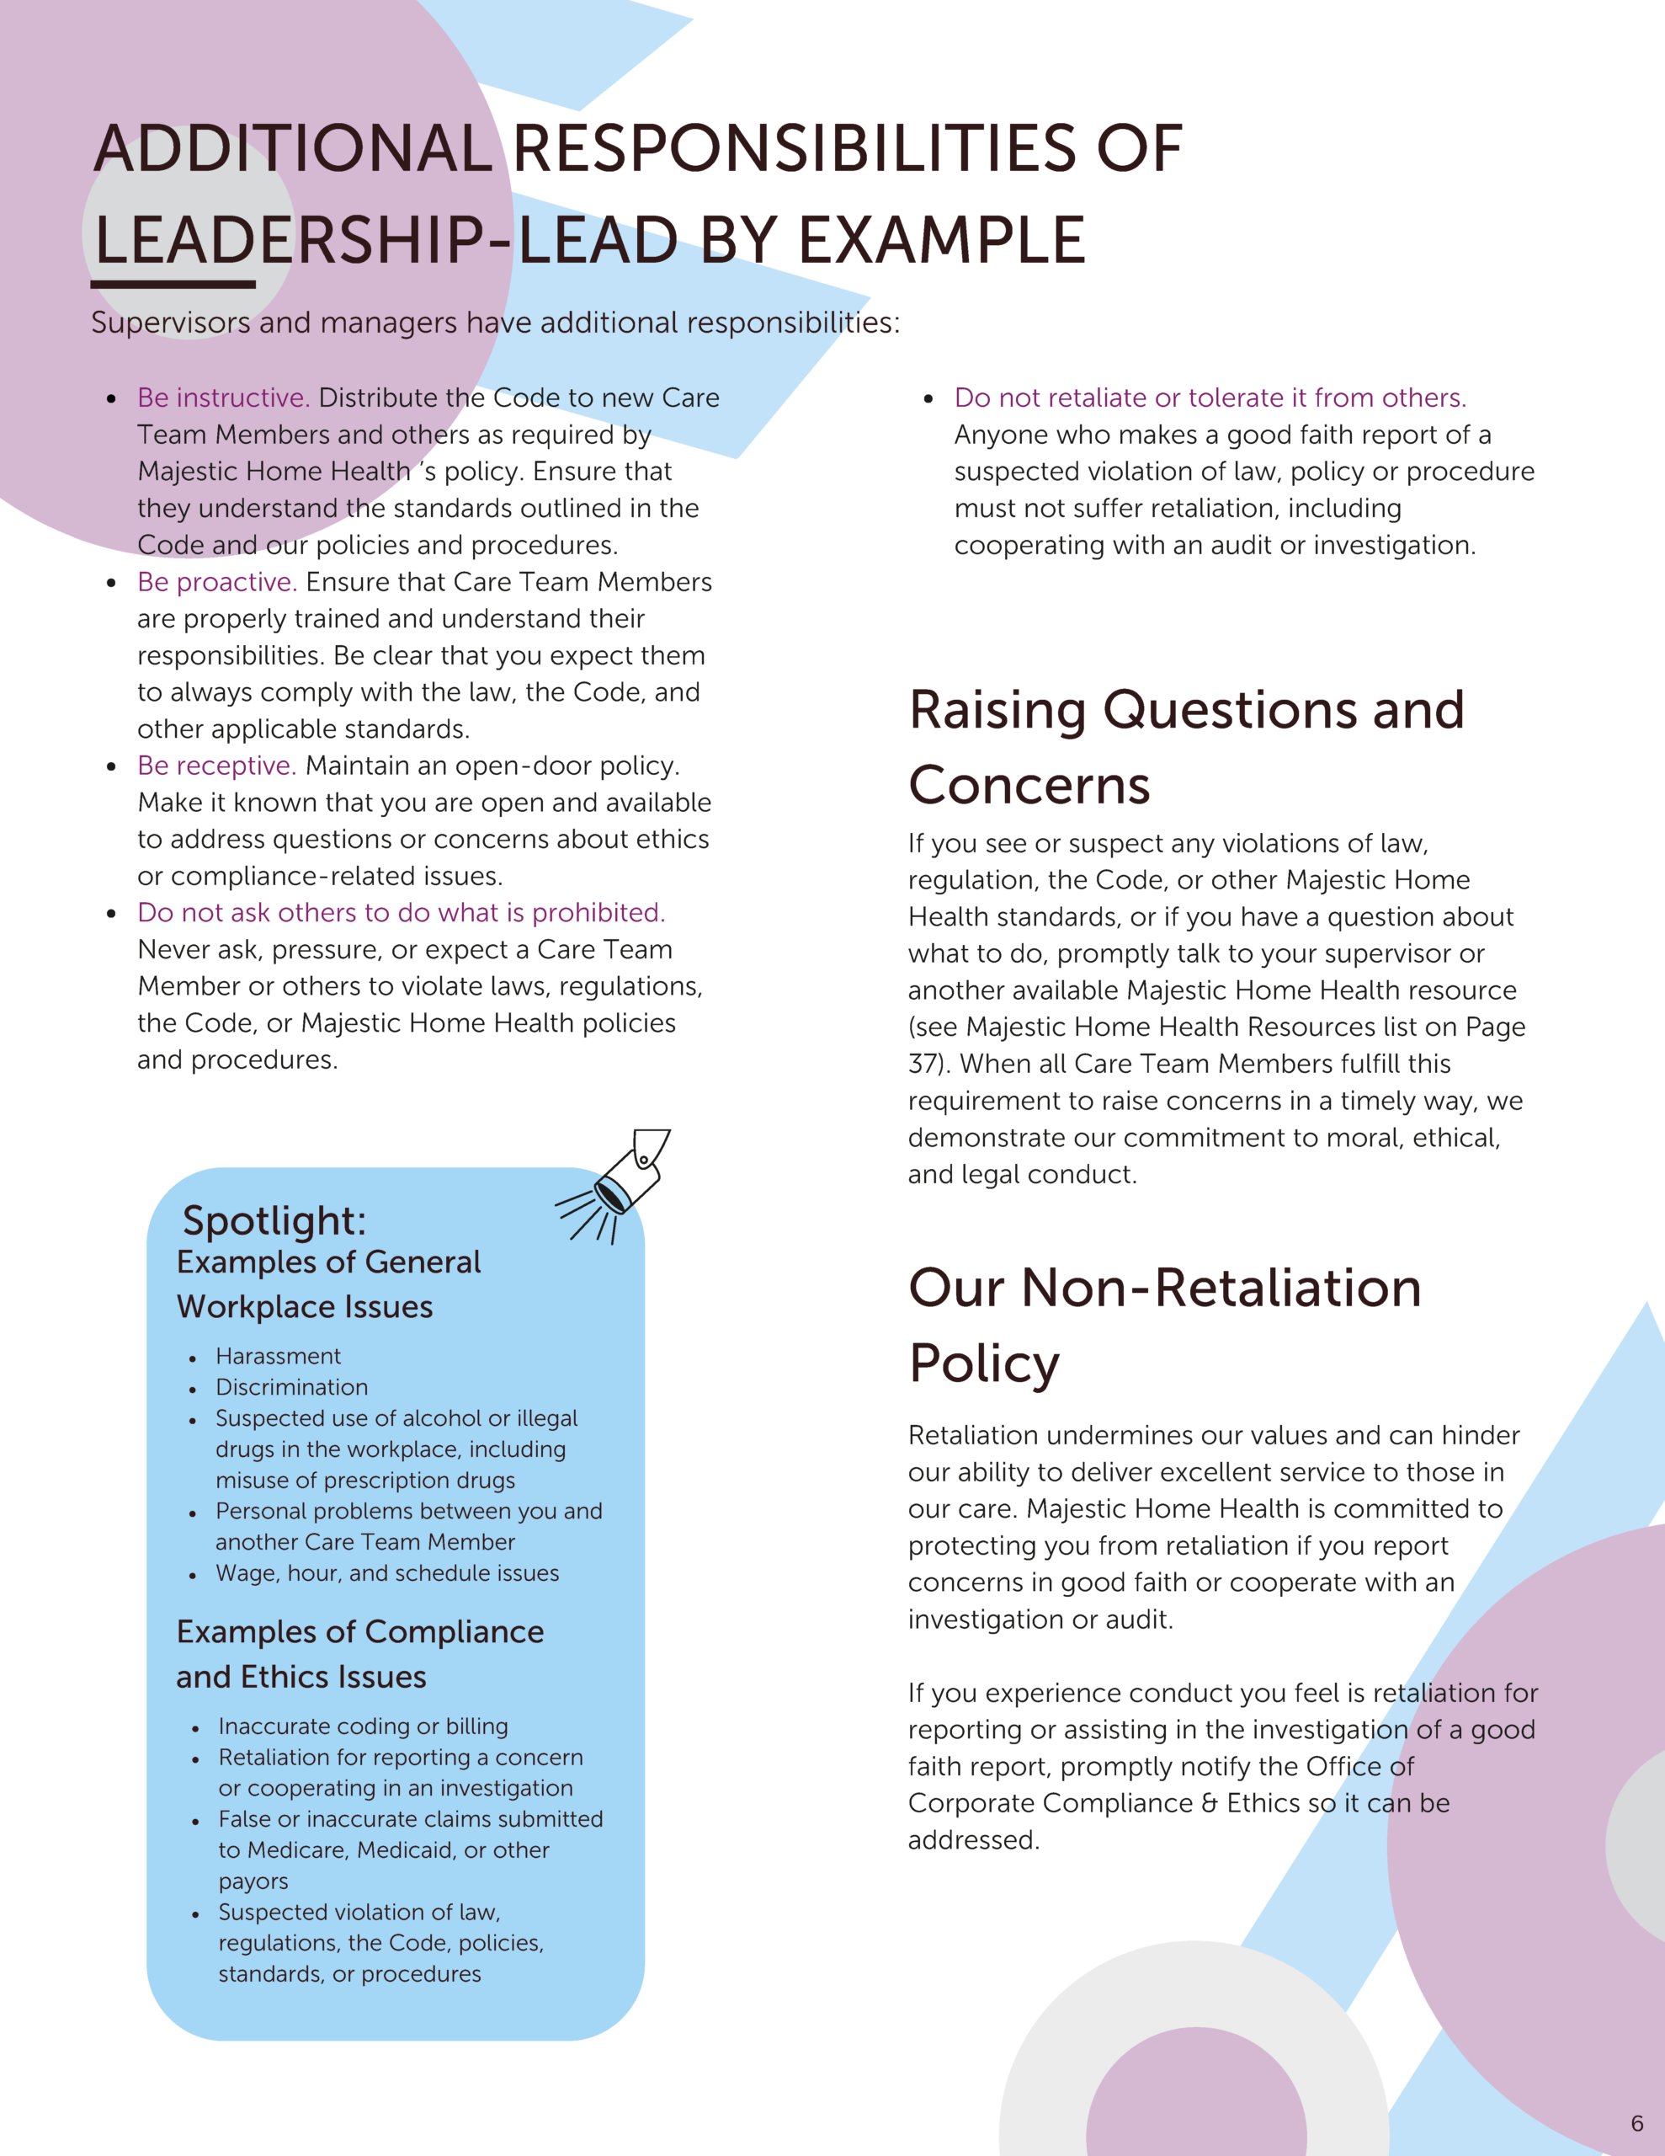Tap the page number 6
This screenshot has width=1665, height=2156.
pyautogui.click(x=1636, y=2123)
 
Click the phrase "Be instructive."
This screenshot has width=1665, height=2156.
pyautogui.click(x=223, y=398)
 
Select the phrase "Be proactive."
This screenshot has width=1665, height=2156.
pyautogui.click(x=217, y=583)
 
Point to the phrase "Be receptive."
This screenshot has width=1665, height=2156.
pyautogui.click(x=216, y=766)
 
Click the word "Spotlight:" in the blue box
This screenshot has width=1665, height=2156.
pyautogui.click(x=274, y=1221)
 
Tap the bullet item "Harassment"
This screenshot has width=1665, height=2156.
pyautogui.click(x=279, y=1357)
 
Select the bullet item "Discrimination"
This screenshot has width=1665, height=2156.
pyautogui.click(x=291, y=1387)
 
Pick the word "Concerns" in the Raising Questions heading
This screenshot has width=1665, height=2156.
pyautogui.click(x=1029, y=786)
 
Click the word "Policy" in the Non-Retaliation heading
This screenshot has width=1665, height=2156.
pyautogui.click(x=984, y=1364)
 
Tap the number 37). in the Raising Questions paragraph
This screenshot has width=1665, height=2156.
pyautogui.click(x=928, y=1065)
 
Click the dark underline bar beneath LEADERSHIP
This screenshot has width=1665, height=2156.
pyautogui.click(x=173, y=285)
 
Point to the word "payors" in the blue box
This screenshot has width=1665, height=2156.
pyautogui.click(x=253, y=1881)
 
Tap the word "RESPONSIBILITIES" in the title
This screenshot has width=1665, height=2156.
pyautogui.click(x=795, y=149)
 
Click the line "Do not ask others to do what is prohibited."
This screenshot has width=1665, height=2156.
pyautogui.click(x=401, y=913)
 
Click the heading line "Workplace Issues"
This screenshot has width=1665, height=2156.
pyautogui.click(x=305, y=1307)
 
